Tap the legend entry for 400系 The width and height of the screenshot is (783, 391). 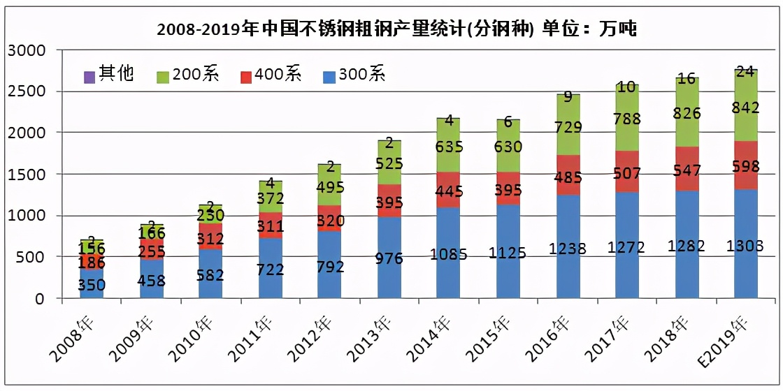[x=270, y=73]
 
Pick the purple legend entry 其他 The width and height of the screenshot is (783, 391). [x=108, y=73]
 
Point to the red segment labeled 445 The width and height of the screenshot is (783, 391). [x=449, y=190]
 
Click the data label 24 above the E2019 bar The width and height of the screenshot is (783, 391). [x=745, y=71]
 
